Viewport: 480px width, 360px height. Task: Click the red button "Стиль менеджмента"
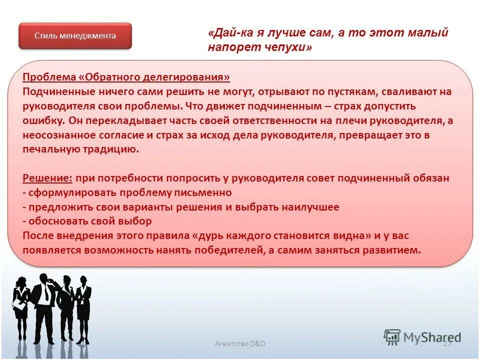(75, 36)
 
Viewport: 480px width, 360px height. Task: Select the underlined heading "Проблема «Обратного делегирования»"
(126, 77)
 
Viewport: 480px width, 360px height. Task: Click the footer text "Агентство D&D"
(240, 343)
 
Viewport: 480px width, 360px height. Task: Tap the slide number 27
(447, 343)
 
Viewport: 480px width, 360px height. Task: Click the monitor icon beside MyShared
(392, 337)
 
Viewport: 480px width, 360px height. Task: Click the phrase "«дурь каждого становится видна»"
(277, 235)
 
